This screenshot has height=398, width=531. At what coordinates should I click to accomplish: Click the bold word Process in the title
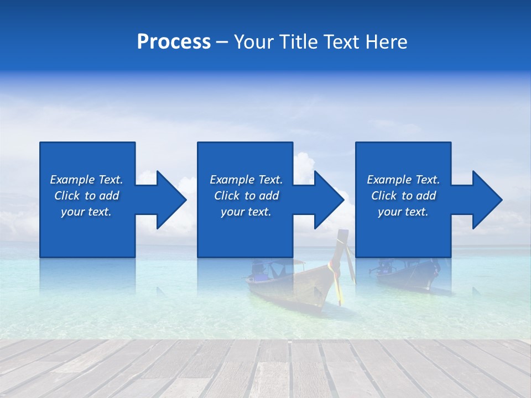point(174,42)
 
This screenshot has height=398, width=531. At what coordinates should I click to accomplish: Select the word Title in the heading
point(300,42)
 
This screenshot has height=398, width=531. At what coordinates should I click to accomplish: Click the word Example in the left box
point(72,180)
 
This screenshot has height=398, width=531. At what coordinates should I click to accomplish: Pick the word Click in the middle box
point(227,196)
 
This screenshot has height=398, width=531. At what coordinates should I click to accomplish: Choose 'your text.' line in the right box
point(403,212)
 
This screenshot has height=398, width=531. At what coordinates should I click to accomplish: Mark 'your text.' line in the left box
point(86,212)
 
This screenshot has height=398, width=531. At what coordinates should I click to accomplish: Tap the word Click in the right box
point(384,196)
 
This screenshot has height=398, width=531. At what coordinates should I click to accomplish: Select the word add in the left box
point(109,196)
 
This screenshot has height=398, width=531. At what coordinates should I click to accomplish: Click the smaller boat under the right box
point(409,274)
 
